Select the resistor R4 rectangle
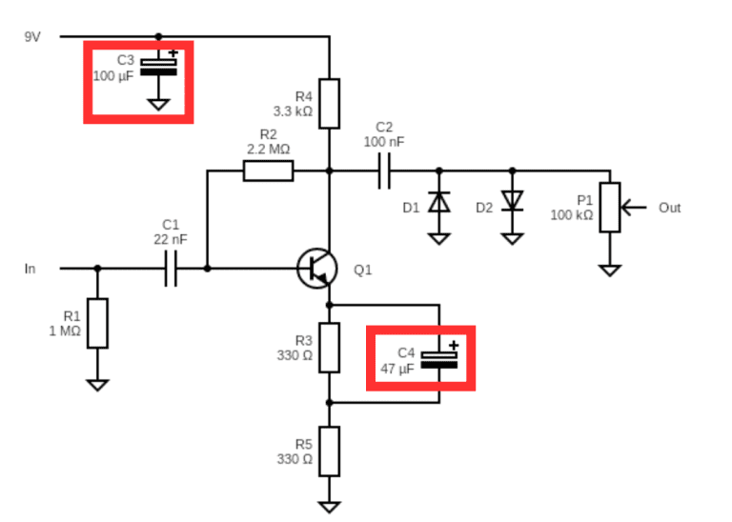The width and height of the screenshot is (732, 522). click(329, 104)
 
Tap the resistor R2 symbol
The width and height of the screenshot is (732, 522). click(268, 171)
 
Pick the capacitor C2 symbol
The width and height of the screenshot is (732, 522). click(384, 171)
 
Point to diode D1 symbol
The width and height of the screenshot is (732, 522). click(438, 202)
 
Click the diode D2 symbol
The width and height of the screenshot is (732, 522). click(512, 201)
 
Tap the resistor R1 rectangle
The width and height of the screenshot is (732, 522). click(97, 323)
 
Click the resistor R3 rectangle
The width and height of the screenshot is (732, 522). click(329, 348)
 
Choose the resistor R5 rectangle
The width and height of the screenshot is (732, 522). click(329, 451)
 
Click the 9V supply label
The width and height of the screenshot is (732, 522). click(33, 36)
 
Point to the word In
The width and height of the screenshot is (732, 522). click(30, 269)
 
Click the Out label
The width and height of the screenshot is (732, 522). click(669, 207)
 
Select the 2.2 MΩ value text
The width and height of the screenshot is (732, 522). click(268, 149)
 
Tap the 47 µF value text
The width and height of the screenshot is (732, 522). click(398, 368)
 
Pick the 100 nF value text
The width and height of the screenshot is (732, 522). click(383, 141)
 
